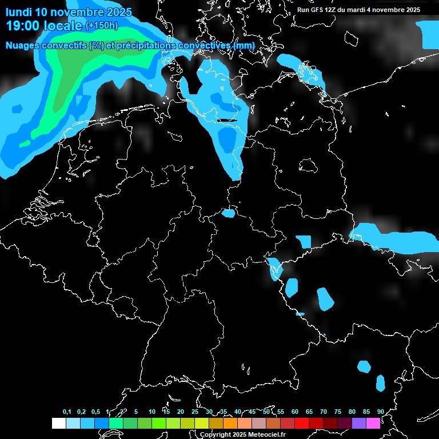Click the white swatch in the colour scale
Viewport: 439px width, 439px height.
click(58, 423)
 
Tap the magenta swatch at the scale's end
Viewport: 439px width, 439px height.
click(373, 423)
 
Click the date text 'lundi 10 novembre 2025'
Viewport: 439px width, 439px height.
click(69, 12)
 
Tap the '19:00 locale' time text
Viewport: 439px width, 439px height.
click(44, 26)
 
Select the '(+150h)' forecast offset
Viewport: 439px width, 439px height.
click(102, 26)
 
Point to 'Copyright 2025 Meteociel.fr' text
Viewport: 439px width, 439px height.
click(242, 434)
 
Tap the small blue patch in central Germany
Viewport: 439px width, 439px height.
click(228, 214)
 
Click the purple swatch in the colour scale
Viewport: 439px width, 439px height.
click(358, 423)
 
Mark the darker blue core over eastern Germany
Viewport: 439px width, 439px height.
click(228, 139)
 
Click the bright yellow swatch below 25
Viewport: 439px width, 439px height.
click(201, 423)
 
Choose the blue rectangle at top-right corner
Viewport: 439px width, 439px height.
click(429, 35)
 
